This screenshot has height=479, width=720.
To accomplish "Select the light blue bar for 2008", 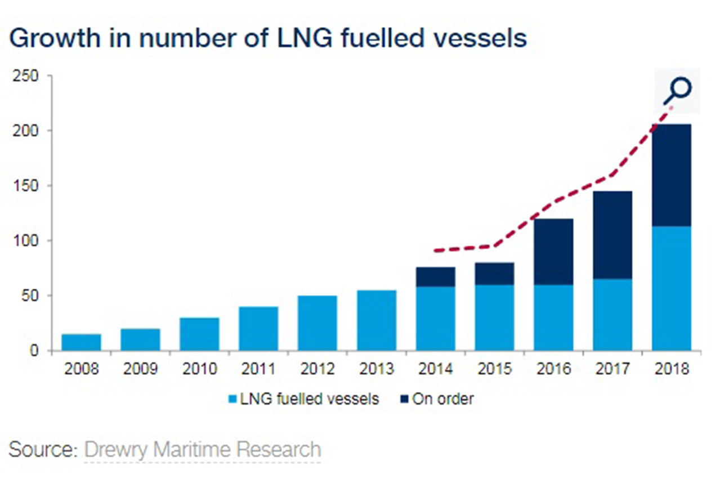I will [81, 342].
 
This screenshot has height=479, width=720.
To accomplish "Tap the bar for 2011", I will [258, 328].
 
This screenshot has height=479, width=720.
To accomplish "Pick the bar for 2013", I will [377, 320].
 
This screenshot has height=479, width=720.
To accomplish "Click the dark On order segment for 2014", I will [436, 277].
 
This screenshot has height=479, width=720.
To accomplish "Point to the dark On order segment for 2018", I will [672, 175].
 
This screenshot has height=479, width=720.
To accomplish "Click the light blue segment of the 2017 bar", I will [612, 315].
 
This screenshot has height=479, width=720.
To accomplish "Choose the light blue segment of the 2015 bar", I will [494, 317].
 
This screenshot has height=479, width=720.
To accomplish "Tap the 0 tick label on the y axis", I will [35, 351].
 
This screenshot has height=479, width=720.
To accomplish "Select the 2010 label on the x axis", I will [199, 370].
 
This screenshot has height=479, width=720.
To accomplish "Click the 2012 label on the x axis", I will [317, 370].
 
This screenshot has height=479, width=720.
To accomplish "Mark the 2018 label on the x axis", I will [672, 370].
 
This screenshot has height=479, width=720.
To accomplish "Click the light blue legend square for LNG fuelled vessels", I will [231, 400].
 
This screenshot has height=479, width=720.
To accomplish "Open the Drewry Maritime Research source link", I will [203, 450].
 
